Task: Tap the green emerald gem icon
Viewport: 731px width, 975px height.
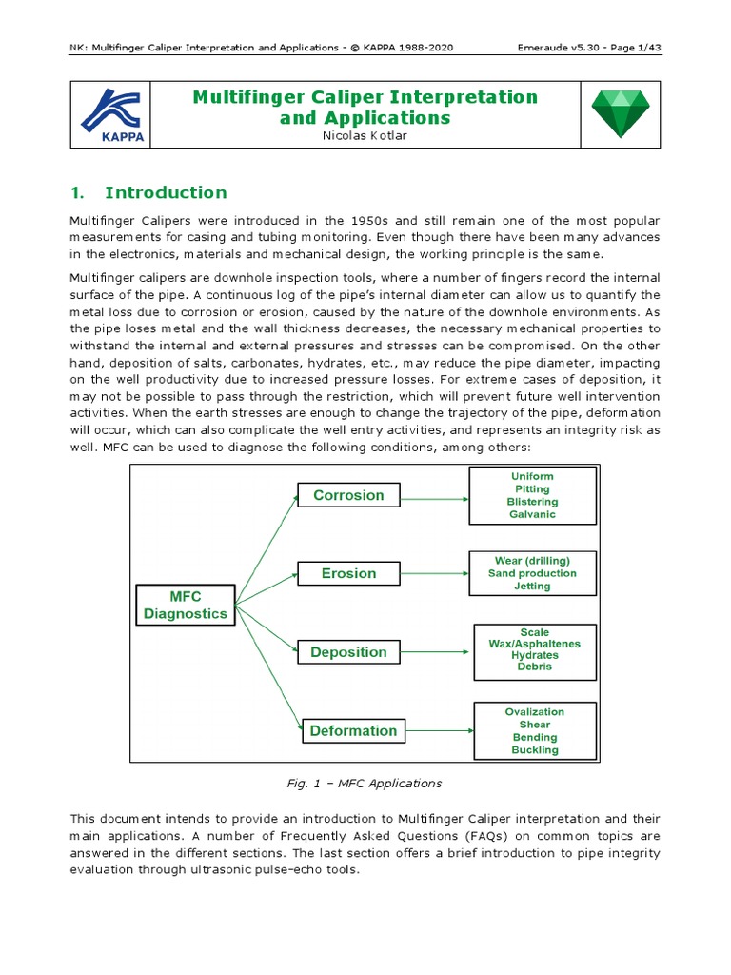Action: pos(620,112)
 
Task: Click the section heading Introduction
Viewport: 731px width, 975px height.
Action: pos(166,192)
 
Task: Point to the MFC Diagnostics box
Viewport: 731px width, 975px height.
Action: pos(186,605)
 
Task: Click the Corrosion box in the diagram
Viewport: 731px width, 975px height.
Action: pos(348,495)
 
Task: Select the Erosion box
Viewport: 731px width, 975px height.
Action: pos(348,573)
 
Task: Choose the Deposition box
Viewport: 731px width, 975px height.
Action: pos(348,652)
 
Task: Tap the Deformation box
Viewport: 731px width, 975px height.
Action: pos(353,731)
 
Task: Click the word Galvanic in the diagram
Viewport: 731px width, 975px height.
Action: pos(532,514)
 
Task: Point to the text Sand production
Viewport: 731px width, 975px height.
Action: pos(532,573)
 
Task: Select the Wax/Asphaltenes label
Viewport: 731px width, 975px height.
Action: pos(534,644)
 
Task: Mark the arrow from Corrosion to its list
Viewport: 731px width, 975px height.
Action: pos(434,496)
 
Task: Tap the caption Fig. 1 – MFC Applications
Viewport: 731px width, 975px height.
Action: pos(365,784)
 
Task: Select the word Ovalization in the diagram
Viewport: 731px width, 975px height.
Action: pos(534,711)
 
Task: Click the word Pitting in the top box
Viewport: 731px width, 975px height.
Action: pos(532,488)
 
